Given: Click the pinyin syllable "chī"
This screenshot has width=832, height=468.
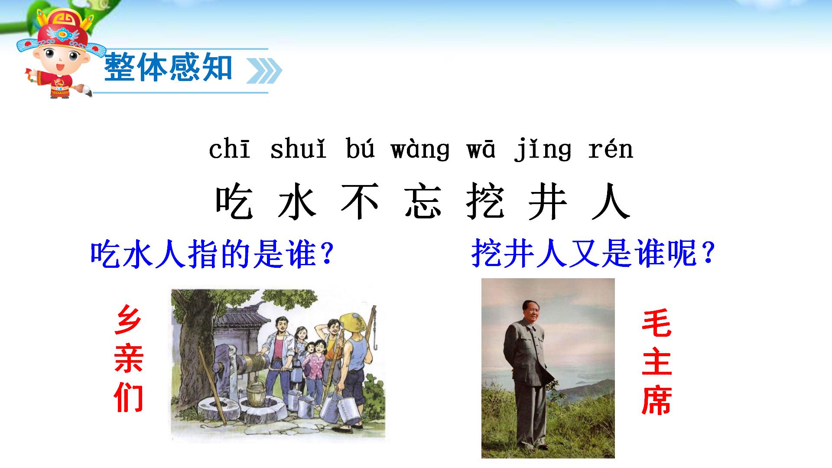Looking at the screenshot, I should [x=230, y=149].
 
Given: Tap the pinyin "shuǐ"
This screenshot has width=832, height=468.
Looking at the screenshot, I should [x=298, y=149].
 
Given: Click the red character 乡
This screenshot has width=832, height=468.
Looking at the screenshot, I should [x=128, y=319].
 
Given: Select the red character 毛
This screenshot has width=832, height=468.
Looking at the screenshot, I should [x=656, y=323].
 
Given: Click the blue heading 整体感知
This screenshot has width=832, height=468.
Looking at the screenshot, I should [x=168, y=68].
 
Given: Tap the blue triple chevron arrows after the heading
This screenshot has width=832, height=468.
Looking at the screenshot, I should [x=264, y=71].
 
